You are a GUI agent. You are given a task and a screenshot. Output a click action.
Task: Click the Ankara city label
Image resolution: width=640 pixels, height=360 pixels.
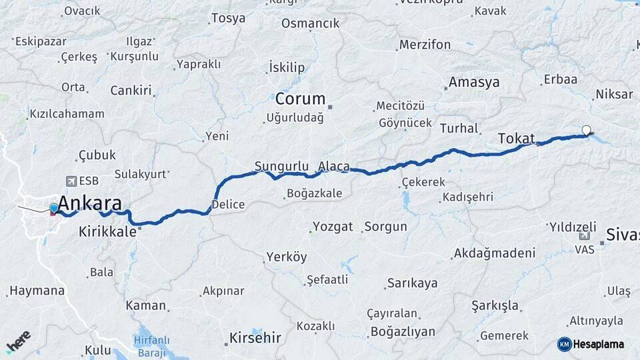click(x=90, y=203)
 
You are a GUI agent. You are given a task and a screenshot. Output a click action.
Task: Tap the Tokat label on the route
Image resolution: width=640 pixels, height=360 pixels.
click(x=516, y=139)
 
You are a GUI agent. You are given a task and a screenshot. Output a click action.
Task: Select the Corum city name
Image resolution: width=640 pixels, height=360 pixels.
click(x=300, y=99)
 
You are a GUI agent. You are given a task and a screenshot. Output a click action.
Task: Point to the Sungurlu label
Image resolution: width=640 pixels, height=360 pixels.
click(x=281, y=165)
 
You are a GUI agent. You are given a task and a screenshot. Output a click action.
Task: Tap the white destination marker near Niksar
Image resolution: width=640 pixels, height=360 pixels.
click(x=586, y=130)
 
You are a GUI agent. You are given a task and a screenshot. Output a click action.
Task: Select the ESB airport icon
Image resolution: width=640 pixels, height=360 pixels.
click(x=71, y=181)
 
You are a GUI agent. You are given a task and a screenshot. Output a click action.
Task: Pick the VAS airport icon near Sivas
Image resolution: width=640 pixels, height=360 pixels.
click(x=585, y=236)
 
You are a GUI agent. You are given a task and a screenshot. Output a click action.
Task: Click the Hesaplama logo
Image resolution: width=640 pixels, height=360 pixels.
click(x=591, y=344)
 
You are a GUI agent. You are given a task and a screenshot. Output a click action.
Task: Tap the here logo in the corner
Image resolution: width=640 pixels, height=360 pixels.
click(x=19, y=341)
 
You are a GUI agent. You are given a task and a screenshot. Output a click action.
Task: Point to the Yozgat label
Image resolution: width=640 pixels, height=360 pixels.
click(x=333, y=227)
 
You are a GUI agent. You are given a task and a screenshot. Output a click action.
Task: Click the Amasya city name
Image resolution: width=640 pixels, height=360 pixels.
click(x=474, y=83)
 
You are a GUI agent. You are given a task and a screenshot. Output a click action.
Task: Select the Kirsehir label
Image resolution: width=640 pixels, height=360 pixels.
click(x=255, y=337)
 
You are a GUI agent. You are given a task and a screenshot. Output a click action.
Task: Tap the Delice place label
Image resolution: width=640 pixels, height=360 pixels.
click(x=228, y=205)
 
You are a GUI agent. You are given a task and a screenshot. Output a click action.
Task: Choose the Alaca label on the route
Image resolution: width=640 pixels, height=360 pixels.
click(x=333, y=166)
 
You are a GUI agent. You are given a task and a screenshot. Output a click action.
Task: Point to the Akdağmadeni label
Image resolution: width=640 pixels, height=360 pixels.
click(x=494, y=253)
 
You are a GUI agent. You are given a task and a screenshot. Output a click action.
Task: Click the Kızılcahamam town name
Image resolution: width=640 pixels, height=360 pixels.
click(x=67, y=114)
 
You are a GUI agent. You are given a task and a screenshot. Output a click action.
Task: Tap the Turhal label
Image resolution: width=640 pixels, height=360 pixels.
click(x=459, y=128)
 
